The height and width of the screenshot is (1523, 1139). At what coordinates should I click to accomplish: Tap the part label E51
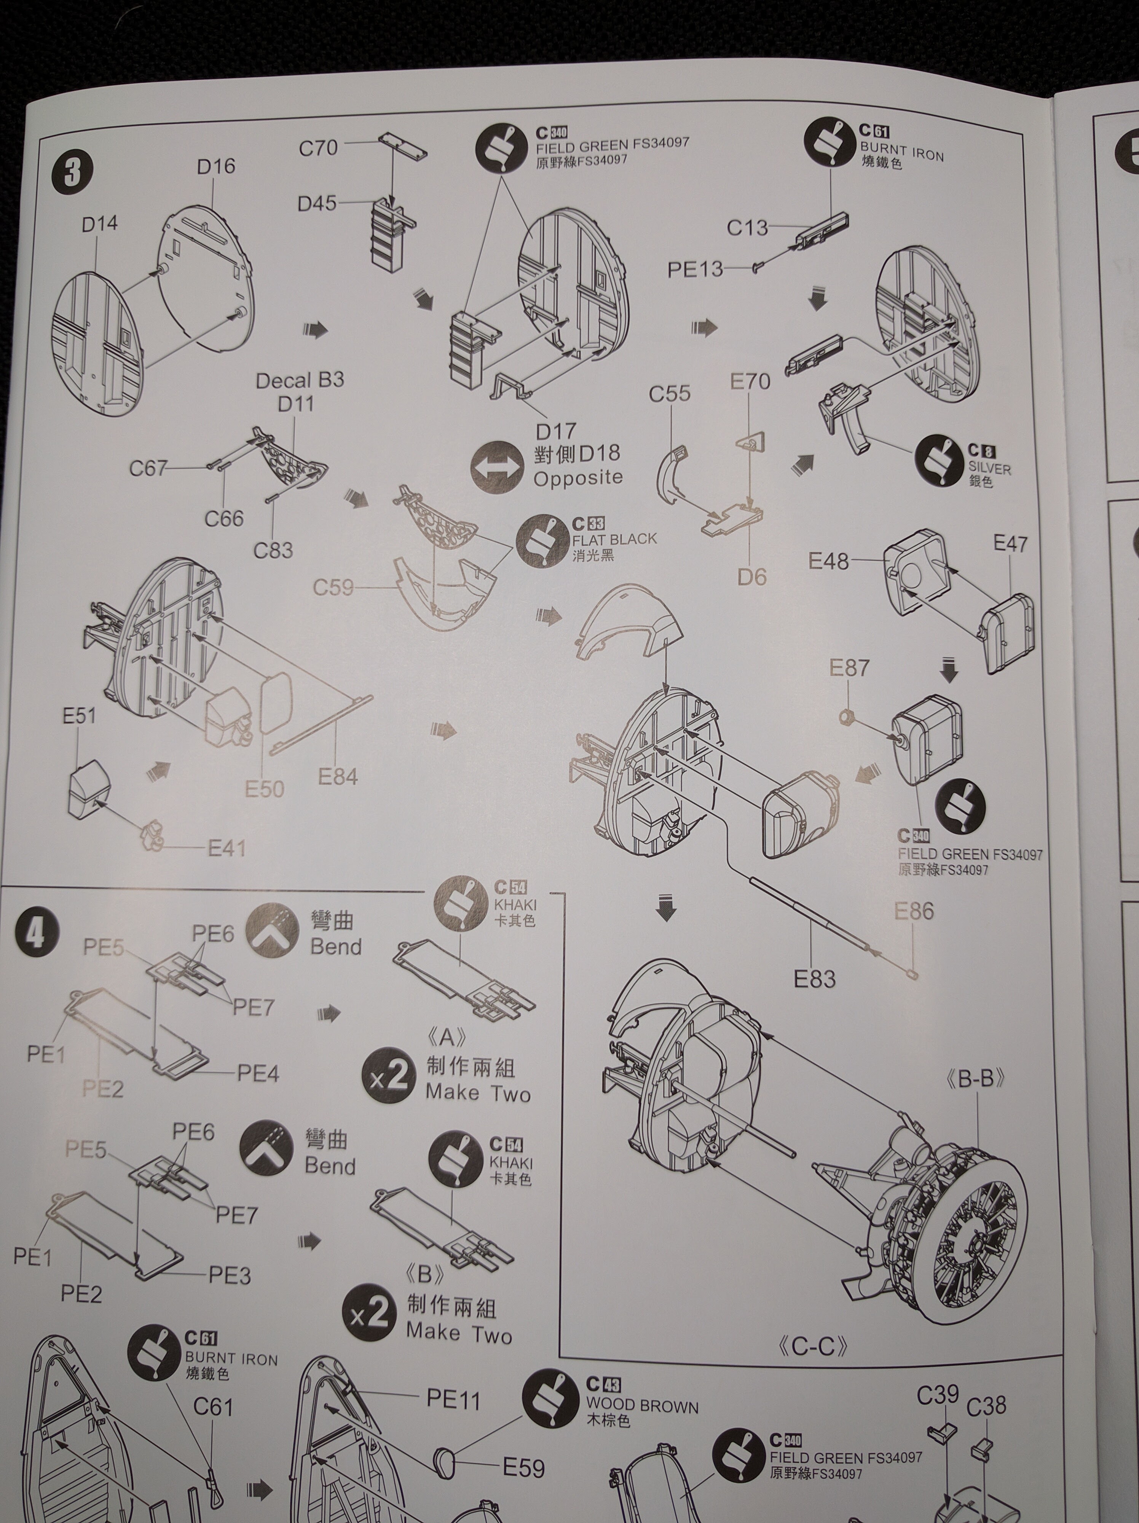coord(79,716)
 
